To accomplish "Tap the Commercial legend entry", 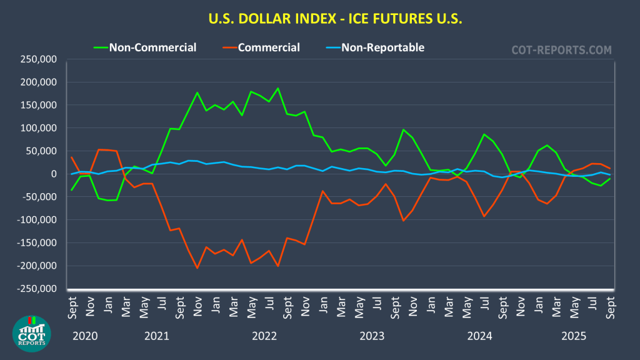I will click(x=269, y=47).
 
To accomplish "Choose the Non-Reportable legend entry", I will click(x=382, y=47).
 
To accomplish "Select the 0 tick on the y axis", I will click(x=54, y=174).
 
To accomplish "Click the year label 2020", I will click(x=85, y=336).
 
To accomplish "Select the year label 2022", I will click(x=264, y=336).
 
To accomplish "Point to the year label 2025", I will click(x=574, y=336).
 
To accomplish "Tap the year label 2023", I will click(x=372, y=336).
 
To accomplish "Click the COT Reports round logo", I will click(x=32, y=334).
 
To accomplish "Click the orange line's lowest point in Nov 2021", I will click(x=197, y=268).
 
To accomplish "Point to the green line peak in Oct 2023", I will click(x=403, y=129).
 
